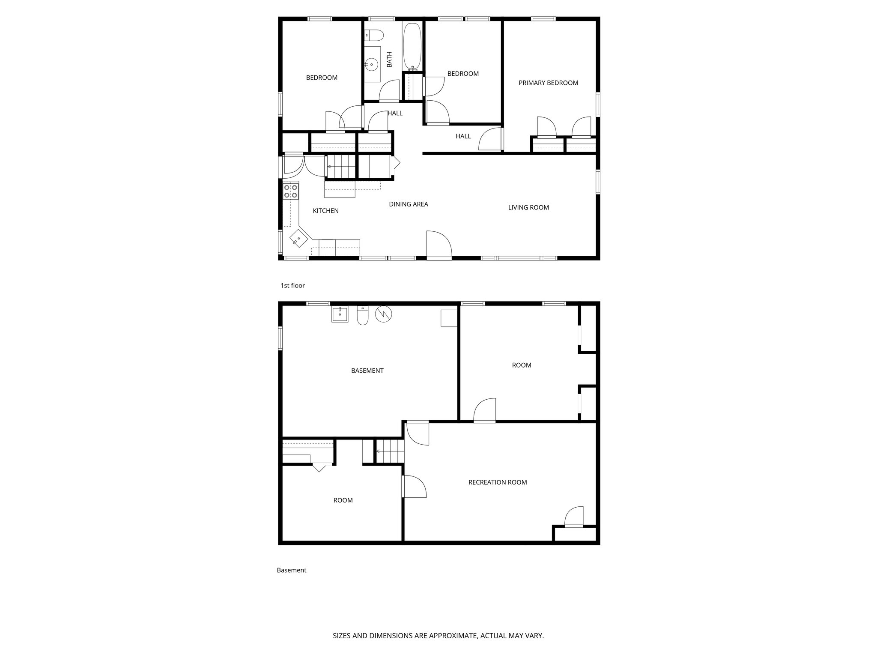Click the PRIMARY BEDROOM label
[548, 83]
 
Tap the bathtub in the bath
[412, 46]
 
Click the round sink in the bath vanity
[371, 65]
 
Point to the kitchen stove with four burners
[291, 191]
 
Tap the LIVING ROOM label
[528, 208]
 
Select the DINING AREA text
[408, 204]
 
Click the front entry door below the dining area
[439, 246]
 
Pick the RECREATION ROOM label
[497, 482]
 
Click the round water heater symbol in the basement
[383, 314]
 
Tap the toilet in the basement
[363, 316]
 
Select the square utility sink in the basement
[340, 314]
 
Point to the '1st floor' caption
[292, 286]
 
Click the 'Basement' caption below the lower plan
[291, 571]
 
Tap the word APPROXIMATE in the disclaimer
[452, 636]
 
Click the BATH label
[389, 60]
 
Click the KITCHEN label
[325, 211]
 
